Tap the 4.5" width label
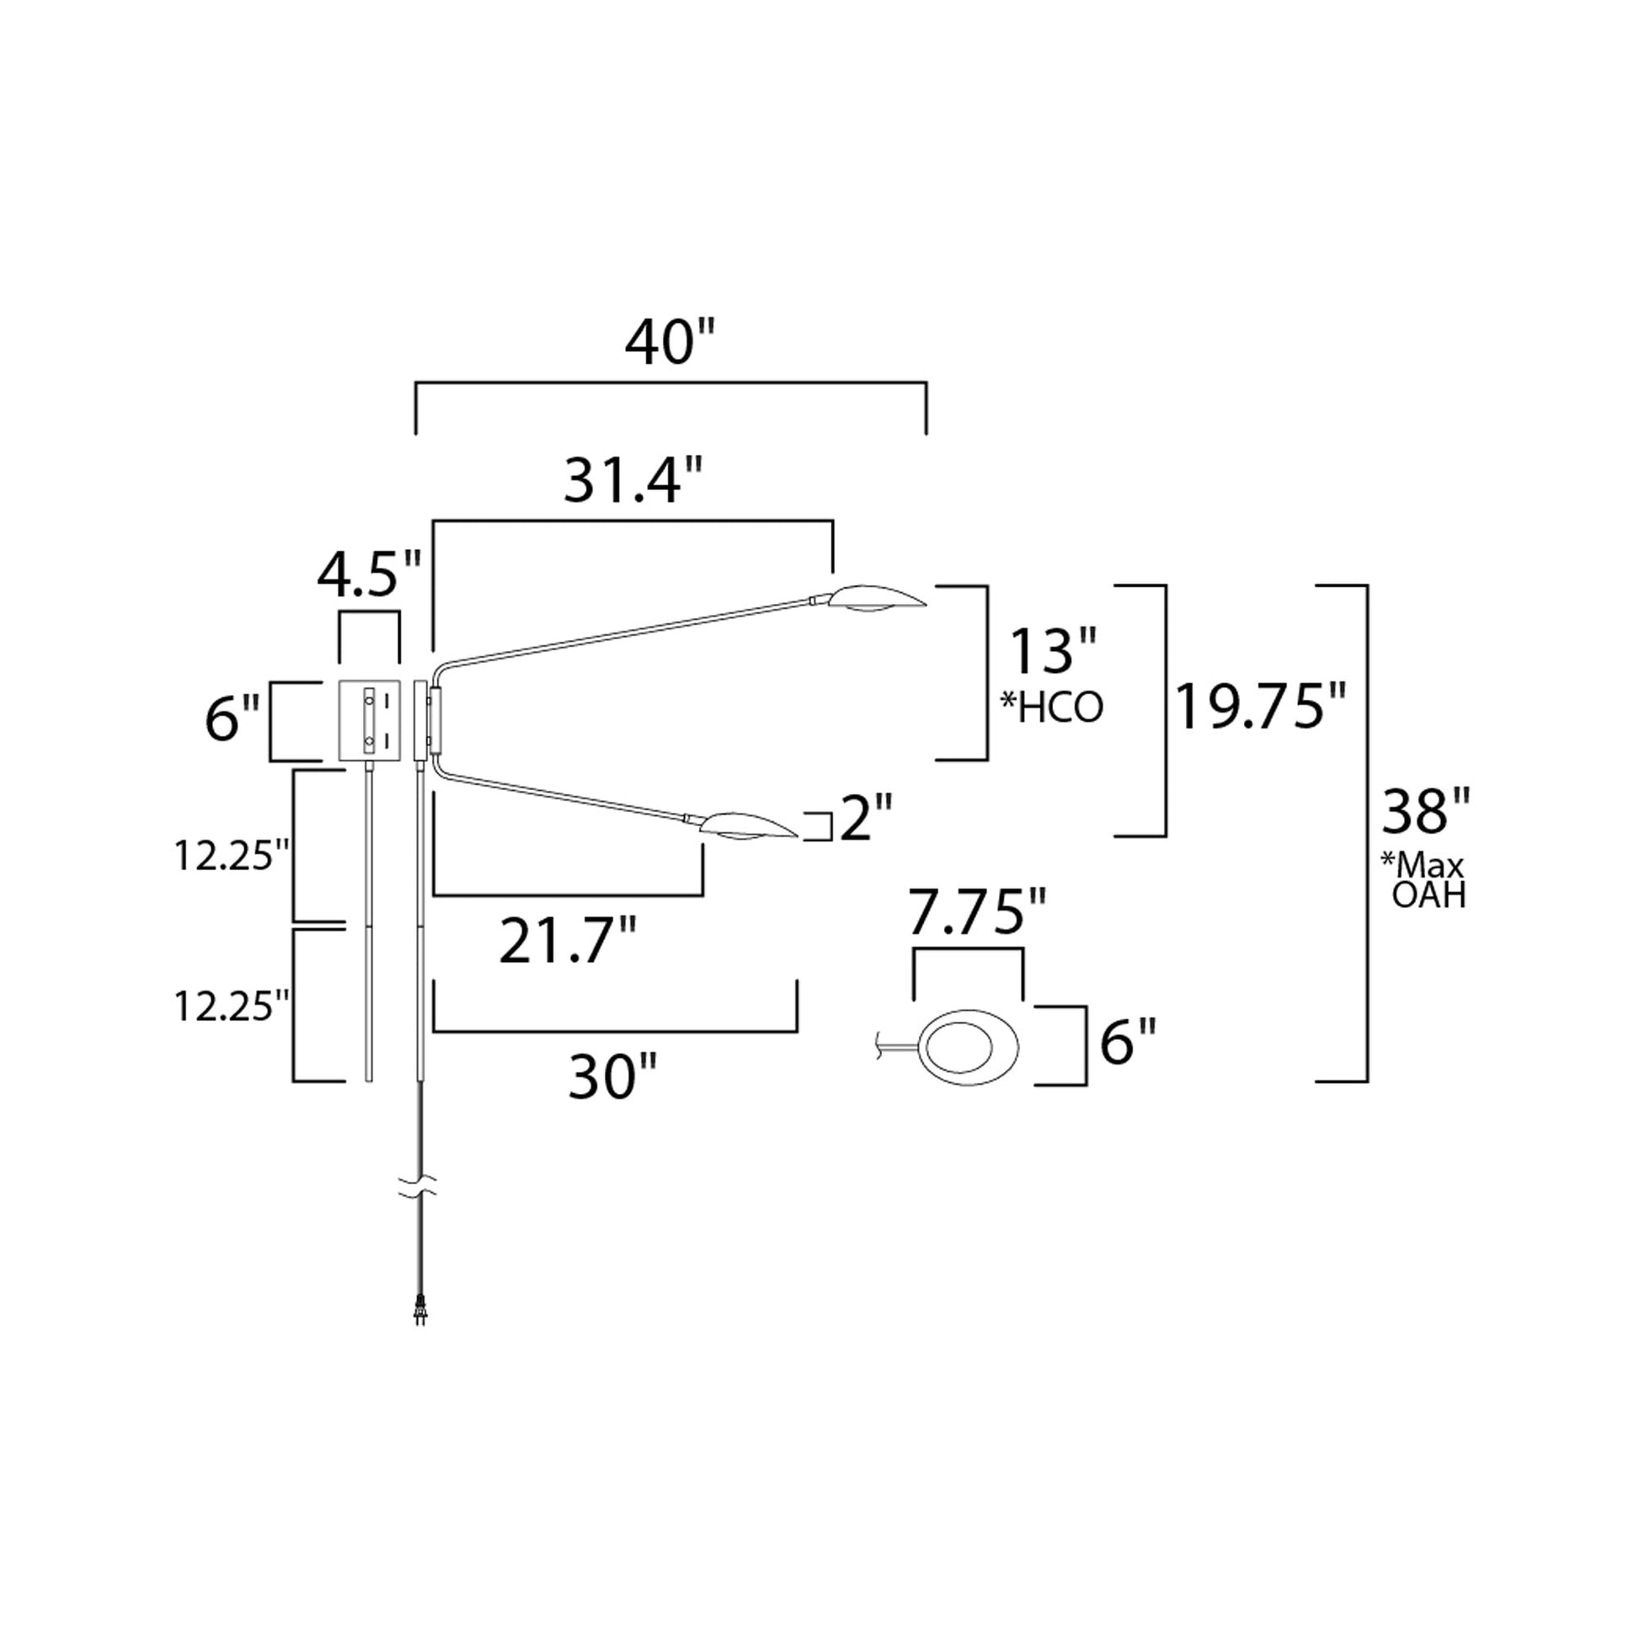(369, 576)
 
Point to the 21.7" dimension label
(568, 942)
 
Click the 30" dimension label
(612, 1078)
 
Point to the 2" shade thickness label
(866, 819)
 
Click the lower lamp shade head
(747, 826)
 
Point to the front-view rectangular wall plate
(369, 720)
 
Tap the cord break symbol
(419, 1186)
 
